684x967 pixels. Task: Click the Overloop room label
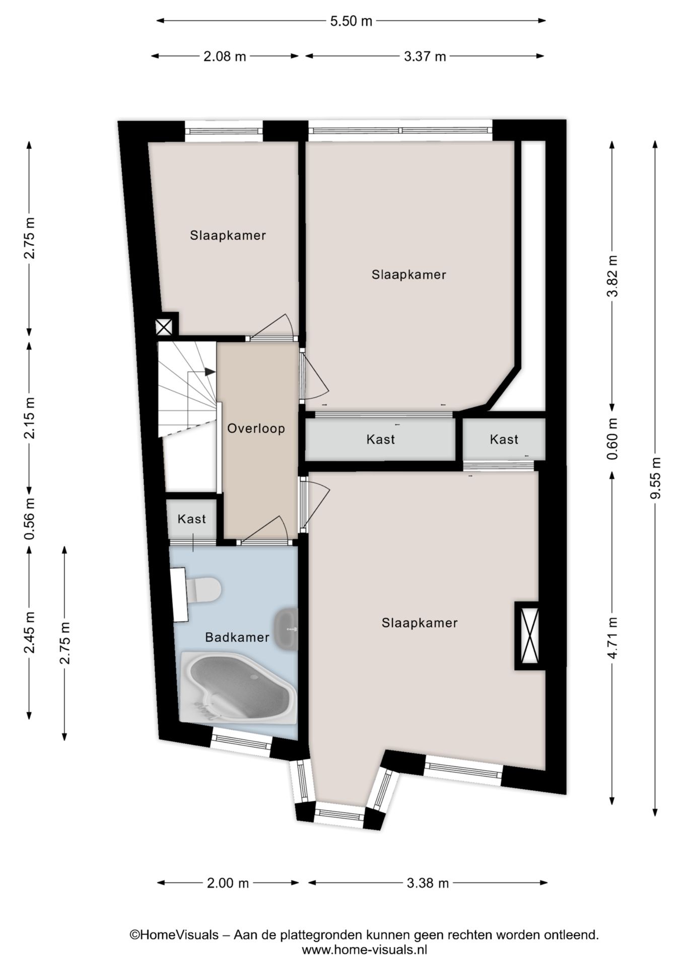click(256, 429)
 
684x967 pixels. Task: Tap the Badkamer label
click(237, 638)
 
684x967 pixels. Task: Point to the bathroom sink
click(286, 629)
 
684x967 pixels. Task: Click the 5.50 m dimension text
click(351, 21)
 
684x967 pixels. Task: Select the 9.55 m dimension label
click(655, 477)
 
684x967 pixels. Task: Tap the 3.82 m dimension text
click(612, 276)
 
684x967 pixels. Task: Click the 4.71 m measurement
click(612, 638)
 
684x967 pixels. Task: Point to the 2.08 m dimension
click(225, 56)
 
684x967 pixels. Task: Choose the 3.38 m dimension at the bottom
click(427, 883)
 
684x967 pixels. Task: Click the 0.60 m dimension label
click(612, 439)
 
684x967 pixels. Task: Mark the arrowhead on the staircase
click(210, 372)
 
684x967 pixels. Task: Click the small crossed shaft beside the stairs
click(164, 327)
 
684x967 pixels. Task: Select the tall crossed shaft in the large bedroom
click(530, 636)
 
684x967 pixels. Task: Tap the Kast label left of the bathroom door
click(192, 519)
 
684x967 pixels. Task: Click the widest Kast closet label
click(381, 440)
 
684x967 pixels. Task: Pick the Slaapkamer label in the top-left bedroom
click(228, 235)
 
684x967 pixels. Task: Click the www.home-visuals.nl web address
click(364, 950)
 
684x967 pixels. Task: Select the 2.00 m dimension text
click(228, 883)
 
